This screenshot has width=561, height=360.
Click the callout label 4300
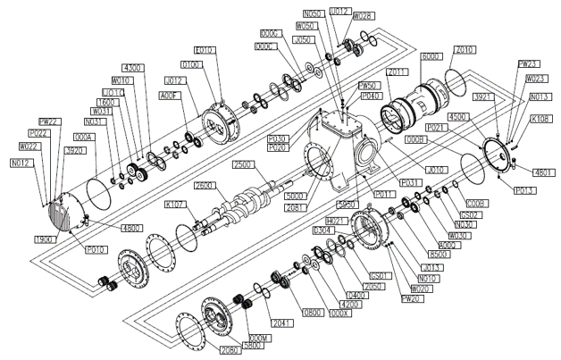tap(132, 69)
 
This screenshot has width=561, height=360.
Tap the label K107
tap(176, 205)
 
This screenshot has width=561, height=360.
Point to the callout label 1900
tap(45, 240)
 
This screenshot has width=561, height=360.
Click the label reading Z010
tap(465, 50)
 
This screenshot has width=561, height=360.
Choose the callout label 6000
tap(431, 56)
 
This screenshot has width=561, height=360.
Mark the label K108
tap(540, 119)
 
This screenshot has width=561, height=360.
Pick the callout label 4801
tap(544, 172)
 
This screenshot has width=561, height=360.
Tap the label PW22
tap(48, 121)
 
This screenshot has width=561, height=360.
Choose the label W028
tap(363, 16)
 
